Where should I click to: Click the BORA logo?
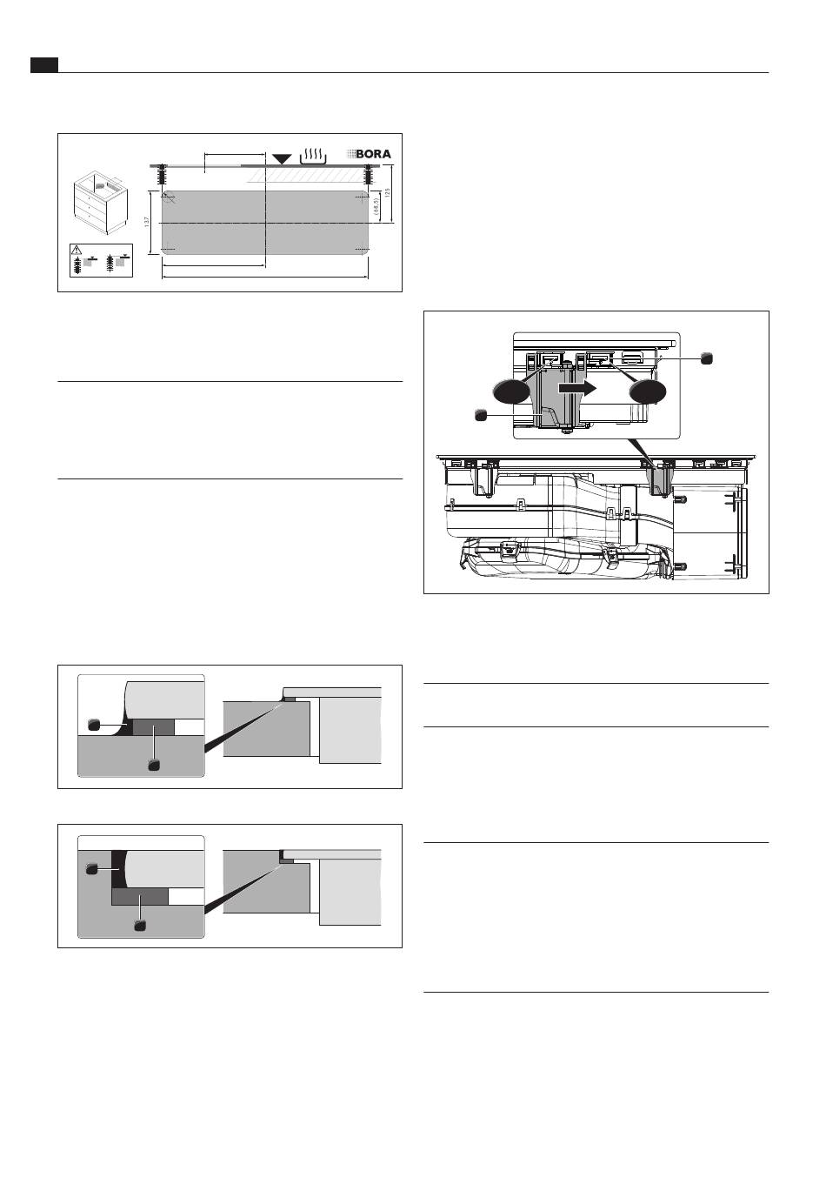369,154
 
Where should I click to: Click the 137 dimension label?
147,222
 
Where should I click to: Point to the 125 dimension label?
388,192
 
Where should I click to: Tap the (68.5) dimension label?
376,206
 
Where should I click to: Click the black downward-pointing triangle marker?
282,158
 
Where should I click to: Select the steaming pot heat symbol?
314,156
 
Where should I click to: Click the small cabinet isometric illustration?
99,203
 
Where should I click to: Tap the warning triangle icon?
77,250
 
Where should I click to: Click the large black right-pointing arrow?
577,389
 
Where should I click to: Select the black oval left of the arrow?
511,392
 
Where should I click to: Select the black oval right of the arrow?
648,391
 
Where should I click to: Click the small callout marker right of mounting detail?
706,358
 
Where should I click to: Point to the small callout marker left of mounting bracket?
481,415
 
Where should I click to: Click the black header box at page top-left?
44,65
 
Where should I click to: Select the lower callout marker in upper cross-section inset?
154,765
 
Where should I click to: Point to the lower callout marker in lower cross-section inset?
140,926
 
